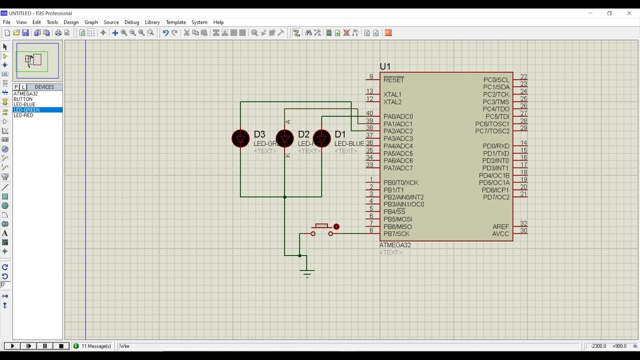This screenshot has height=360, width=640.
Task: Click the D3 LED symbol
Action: coord(240,138)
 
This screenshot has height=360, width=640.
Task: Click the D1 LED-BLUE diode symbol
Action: coord(321,138)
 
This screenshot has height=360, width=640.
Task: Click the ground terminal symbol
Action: coord(307,272)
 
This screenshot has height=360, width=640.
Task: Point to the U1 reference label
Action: coord(385,66)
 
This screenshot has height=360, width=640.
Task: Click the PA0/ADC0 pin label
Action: coord(398,116)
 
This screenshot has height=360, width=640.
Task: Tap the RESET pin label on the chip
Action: coord(393,80)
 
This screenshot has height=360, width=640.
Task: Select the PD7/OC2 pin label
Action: coord(496,197)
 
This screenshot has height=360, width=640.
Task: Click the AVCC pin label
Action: coord(500,234)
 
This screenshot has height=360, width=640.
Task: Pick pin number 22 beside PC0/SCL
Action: coord(523,77)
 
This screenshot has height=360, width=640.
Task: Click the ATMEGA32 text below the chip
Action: coord(395,245)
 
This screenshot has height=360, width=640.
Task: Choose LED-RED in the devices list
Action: coord(23,115)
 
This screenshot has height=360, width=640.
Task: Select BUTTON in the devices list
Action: coord(23,99)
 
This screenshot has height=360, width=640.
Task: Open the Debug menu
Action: coord(131,22)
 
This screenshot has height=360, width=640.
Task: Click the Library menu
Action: coord(152,22)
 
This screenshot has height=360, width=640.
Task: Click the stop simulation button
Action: coord(61,346)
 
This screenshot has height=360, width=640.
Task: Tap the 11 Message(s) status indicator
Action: coord(92,346)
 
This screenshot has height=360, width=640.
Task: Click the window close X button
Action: coord(629,13)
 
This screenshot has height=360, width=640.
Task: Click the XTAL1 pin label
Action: coord(392,94)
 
